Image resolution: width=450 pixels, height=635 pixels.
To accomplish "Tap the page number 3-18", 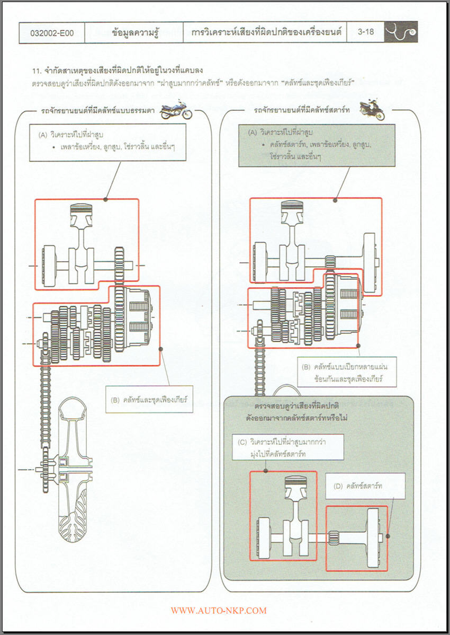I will pos(365,32).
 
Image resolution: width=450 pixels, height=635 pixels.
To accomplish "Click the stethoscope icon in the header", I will pos(401,32).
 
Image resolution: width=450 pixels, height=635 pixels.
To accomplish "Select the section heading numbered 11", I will pos(118,70).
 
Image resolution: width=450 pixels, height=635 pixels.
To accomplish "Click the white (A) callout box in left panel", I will pos(108,142).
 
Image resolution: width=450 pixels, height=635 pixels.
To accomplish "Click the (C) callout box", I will pos(288,446).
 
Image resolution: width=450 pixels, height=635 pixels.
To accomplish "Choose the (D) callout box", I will pos(365,486).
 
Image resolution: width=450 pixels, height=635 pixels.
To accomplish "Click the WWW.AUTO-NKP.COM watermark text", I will pos(219,611).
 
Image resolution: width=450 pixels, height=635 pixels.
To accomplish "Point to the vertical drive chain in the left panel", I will pos(45,392).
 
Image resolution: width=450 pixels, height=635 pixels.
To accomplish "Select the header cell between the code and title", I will pos(134,32).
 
